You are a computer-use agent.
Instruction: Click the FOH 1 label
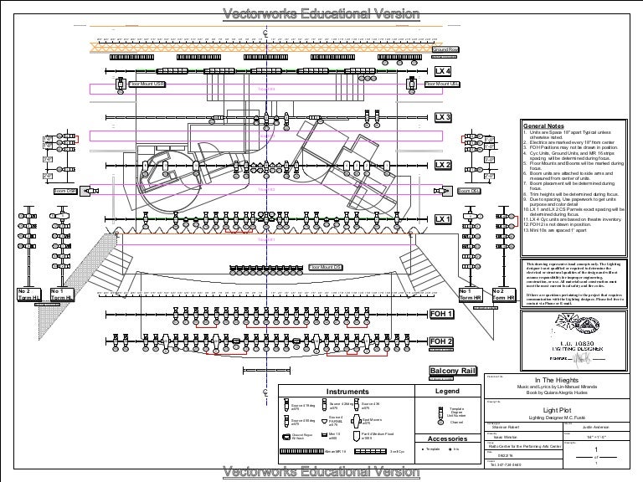440,314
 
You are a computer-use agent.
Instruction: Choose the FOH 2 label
440,342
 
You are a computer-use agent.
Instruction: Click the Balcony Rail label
452,371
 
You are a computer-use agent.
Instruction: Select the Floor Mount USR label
147,85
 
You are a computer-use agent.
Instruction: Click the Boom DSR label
64,192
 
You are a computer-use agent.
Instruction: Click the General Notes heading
545,125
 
